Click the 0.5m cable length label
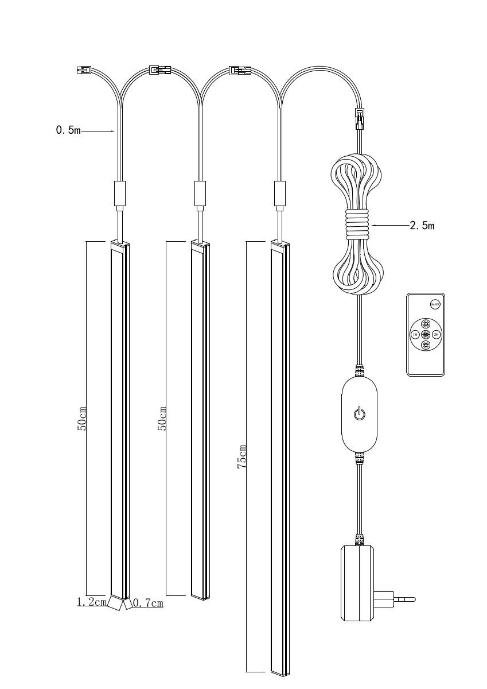click(x=68, y=131)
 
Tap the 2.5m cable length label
click(x=422, y=226)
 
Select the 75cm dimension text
click(x=243, y=456)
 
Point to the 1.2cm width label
click(x=92, y=602)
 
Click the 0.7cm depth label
click(x=149, y=603)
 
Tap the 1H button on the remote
click(x=415, y=334)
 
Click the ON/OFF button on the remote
click(x=434, y=304)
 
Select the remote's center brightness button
click(x=425, y=334)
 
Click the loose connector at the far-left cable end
click(x=84, y=71)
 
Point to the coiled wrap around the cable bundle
click(x=359, y=226)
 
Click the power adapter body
click(x=359, y=583)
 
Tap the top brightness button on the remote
click(x=425, y=324)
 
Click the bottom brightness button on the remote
click(x=425, y=345)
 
